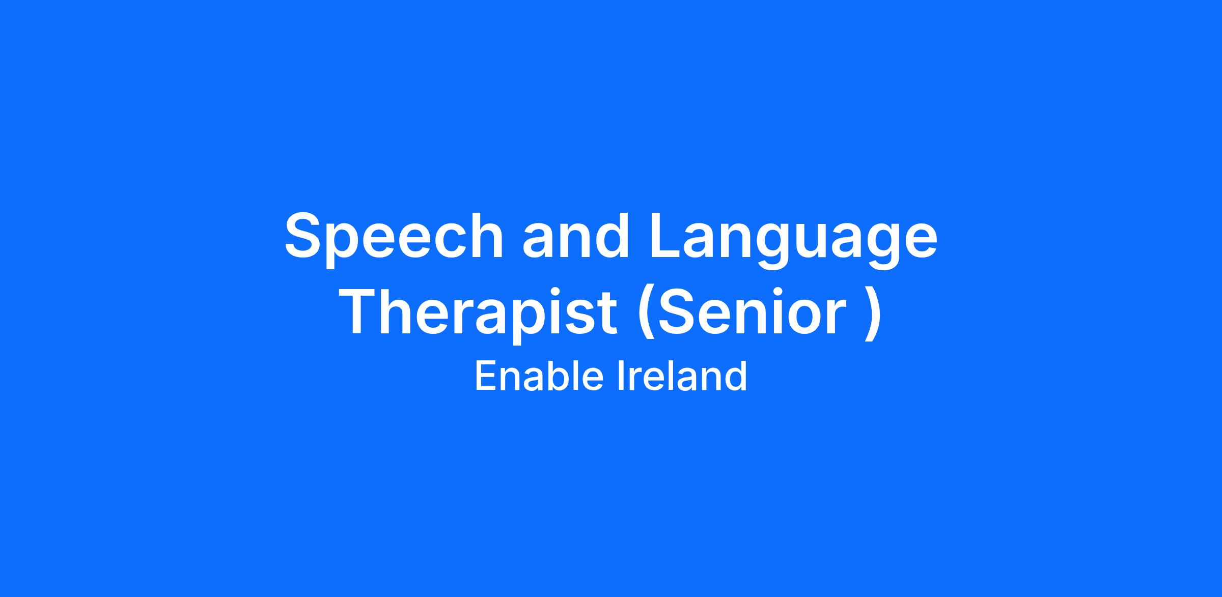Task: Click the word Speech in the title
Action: (x=394, y=240)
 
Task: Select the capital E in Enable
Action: (x=486, y=376)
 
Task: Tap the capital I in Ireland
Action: (x=620, y=376)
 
